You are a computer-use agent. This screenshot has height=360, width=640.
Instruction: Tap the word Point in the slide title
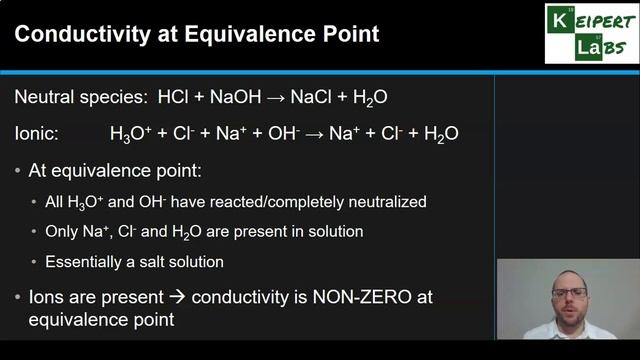coord(349,35)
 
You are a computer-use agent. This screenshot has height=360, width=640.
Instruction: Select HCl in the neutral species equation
coord(176,97)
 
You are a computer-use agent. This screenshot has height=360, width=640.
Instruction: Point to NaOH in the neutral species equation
coord(239,97)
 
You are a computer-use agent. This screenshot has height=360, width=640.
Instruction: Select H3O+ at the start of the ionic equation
coord(130,132)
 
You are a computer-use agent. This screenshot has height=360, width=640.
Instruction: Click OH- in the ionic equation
coord(299,132)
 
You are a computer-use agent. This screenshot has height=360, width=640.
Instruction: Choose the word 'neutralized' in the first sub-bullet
coord(385,201)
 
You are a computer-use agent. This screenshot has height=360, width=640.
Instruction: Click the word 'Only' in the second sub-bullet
coord(62,231)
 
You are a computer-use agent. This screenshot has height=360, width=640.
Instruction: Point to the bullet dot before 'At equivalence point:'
coord(19,171)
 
